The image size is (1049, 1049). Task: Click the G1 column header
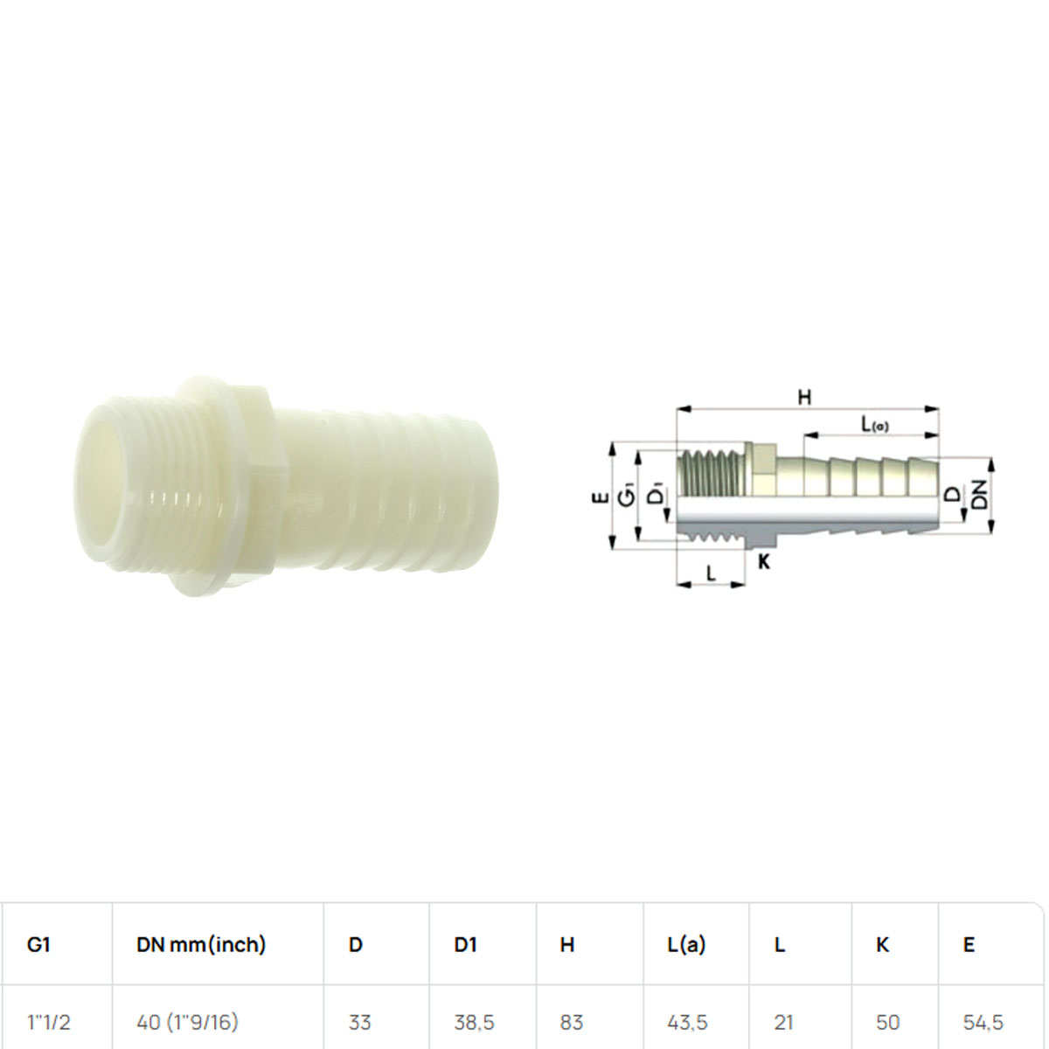pos(38,944)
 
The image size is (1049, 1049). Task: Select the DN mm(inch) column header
pos(201,945)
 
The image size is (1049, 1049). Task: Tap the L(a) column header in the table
pos(686,945)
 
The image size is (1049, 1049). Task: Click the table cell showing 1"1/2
pos(49,1022)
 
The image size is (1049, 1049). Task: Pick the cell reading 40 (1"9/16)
pos(187,1023)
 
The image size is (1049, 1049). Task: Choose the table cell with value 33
pos(359,1023)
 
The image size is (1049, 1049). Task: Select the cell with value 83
pos(571,1023)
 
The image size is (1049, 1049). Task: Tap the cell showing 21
pos(783,1023)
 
